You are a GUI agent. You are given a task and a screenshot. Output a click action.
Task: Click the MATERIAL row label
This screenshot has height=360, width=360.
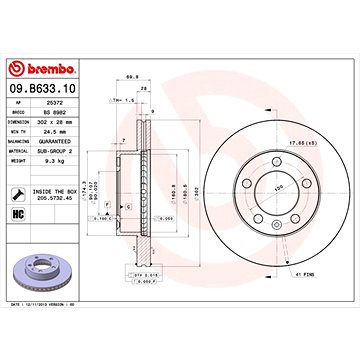pyautogui.click(x=21, y=150)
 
